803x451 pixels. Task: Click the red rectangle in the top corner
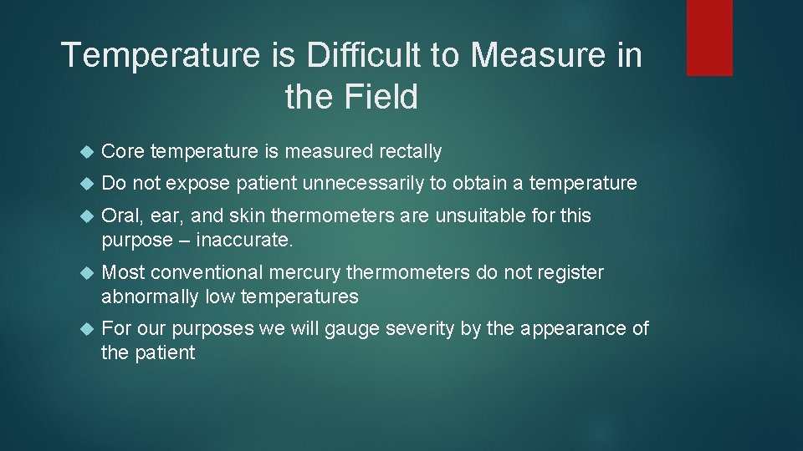[709, 38]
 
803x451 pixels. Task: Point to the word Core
[122, 152]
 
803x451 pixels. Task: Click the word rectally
[410, 152]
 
